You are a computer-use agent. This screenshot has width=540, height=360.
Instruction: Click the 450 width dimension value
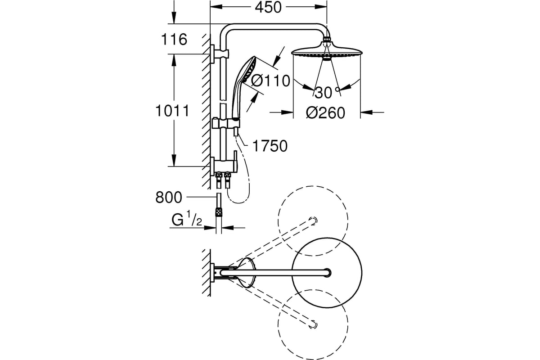tap(268, 7)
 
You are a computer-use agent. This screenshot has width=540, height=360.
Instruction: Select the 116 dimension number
tap(174, 40)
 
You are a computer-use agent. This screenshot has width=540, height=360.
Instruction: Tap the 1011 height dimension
tap(172, 111)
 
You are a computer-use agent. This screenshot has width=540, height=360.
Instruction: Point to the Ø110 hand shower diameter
tap(270, 81)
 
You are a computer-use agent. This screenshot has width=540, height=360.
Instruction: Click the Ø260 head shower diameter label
tap(325, 113)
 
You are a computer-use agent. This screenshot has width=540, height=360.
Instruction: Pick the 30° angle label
tap(327, 93)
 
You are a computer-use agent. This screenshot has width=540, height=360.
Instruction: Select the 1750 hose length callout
tap(270, 146)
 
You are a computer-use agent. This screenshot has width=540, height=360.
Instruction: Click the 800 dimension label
tap(168, 197)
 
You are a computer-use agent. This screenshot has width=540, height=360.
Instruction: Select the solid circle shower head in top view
tap(327, 273)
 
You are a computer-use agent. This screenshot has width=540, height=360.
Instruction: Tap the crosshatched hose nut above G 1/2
tap(219, 212)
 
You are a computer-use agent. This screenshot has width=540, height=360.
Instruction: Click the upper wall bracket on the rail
tap(220, 54)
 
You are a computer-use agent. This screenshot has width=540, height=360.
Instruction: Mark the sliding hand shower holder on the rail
tap(225, 123)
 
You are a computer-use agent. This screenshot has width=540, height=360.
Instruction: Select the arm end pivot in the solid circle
tap(327, 273)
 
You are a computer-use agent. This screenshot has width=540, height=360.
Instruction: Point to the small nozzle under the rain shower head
tap(327, 59)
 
